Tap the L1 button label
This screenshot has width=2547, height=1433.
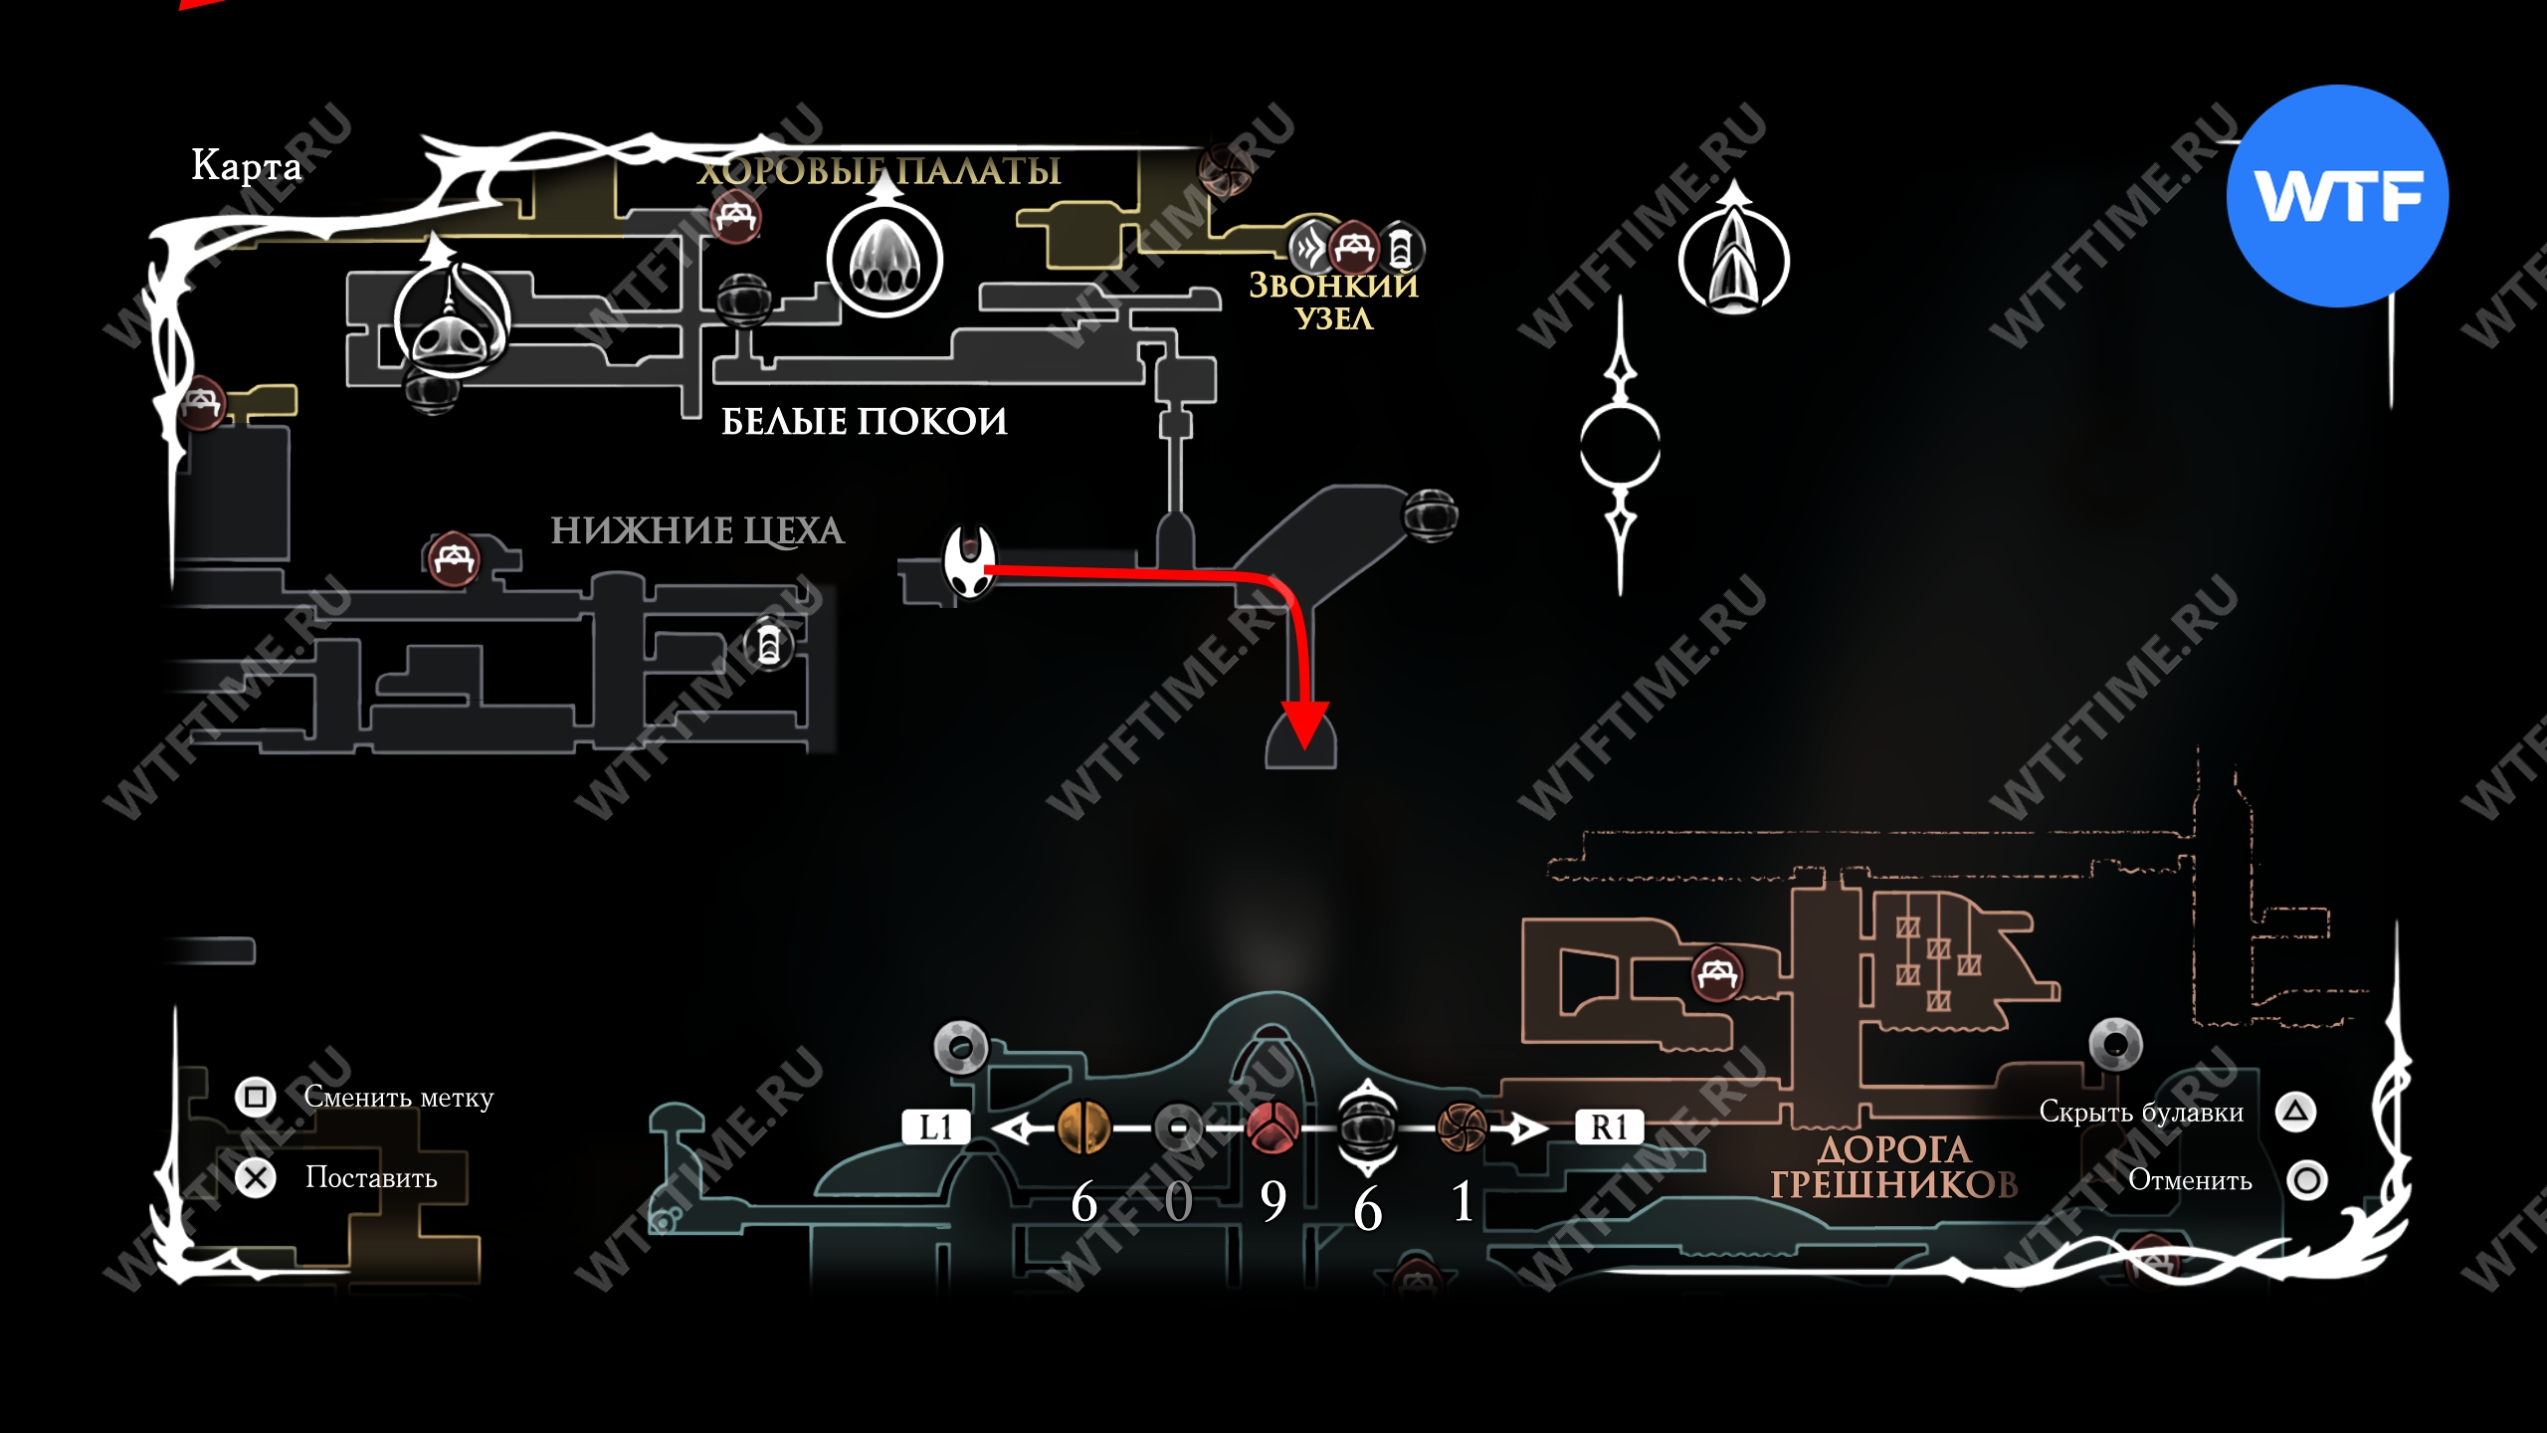935,1126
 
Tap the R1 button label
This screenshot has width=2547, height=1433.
1609,1126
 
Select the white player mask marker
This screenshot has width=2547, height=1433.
969,561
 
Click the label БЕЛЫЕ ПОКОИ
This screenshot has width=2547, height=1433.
864,421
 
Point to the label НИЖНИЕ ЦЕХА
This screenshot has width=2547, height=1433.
697,530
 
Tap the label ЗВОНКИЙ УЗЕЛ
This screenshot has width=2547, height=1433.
1333,302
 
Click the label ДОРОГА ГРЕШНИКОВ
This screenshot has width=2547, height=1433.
1893,1167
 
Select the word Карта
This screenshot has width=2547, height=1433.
246,165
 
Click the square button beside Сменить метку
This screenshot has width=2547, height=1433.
255,1097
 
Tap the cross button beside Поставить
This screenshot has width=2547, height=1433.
255,1178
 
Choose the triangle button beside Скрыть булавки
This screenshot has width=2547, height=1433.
2295,1112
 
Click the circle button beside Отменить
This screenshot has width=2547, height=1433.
2306,1180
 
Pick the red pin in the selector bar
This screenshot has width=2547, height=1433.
1273,1127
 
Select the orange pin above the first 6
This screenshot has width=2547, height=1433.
1083,1127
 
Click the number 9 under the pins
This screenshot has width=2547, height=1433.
1273,1201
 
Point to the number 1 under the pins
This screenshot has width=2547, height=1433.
1462,1201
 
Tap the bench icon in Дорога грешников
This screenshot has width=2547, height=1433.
1717,973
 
